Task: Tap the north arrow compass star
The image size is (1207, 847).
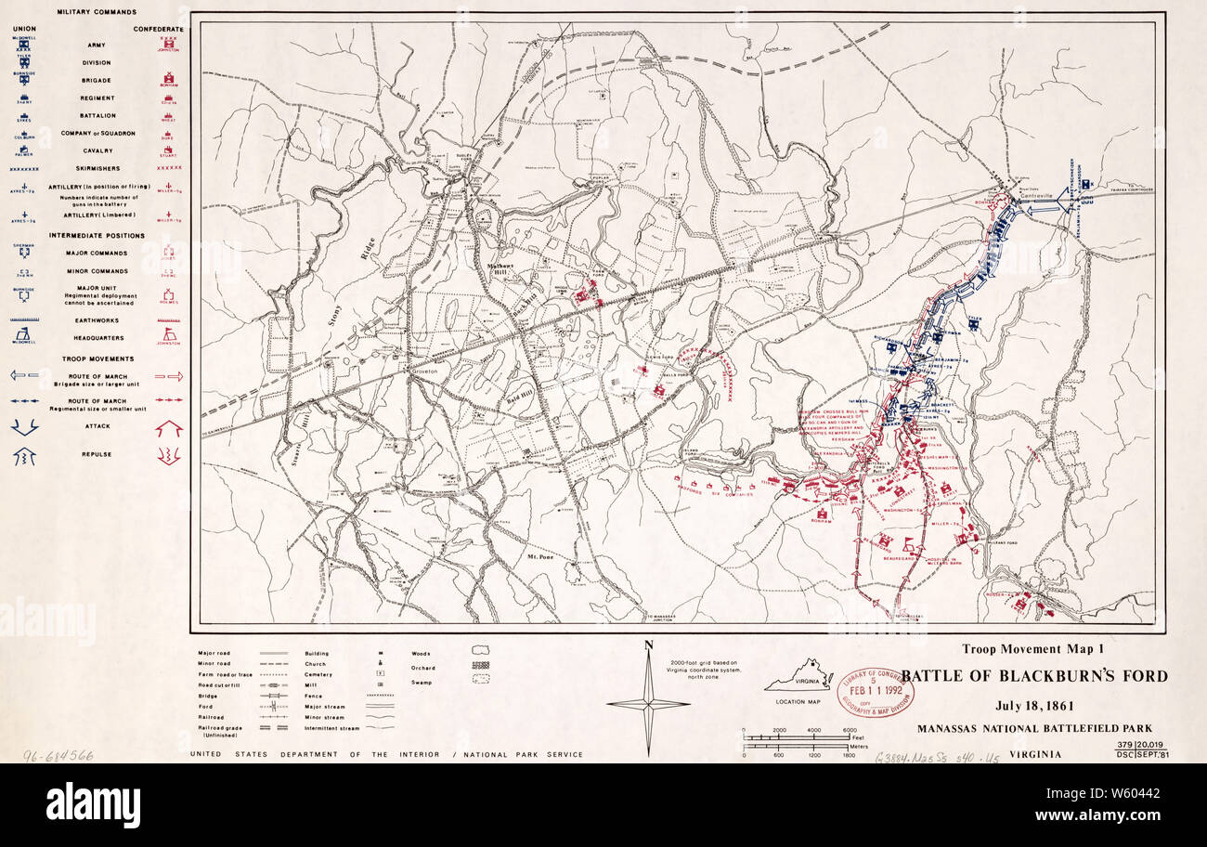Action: (x=648, y=703)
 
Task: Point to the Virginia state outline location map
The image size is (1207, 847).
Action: (x=798, y=677)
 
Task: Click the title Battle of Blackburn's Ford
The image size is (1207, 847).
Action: (x=1034, y=676)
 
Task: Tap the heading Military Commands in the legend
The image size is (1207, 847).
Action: (x=97, y=12)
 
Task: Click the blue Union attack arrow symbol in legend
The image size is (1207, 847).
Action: (x=24, y=426)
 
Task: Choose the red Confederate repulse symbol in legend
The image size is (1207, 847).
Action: (x=168, y=455)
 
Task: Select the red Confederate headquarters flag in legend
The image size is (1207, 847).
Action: (x=168, y=334)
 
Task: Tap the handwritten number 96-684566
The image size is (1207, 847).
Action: (x=58, y=755)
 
